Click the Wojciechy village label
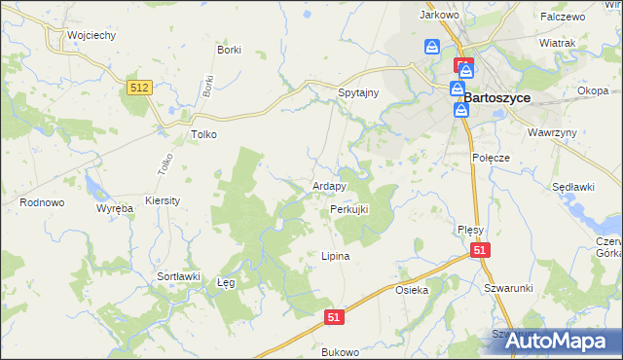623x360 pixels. [x=92, y=35]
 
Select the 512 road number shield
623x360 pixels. [x=139, y=89]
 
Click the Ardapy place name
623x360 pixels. [x=329, y=186]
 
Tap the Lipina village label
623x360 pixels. [x=335, y=257]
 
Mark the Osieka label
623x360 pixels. [x=412, y=291]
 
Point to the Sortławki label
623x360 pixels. [x=178, y=276]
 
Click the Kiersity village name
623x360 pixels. [x=163, y=200]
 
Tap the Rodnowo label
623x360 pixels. [x=42, y=202]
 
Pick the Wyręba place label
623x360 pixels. [x=114, y=208]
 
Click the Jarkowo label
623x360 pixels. [x=438, y=16]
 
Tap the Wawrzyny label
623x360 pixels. [x=554, y=131]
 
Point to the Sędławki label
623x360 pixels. [x=573, y=186]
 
